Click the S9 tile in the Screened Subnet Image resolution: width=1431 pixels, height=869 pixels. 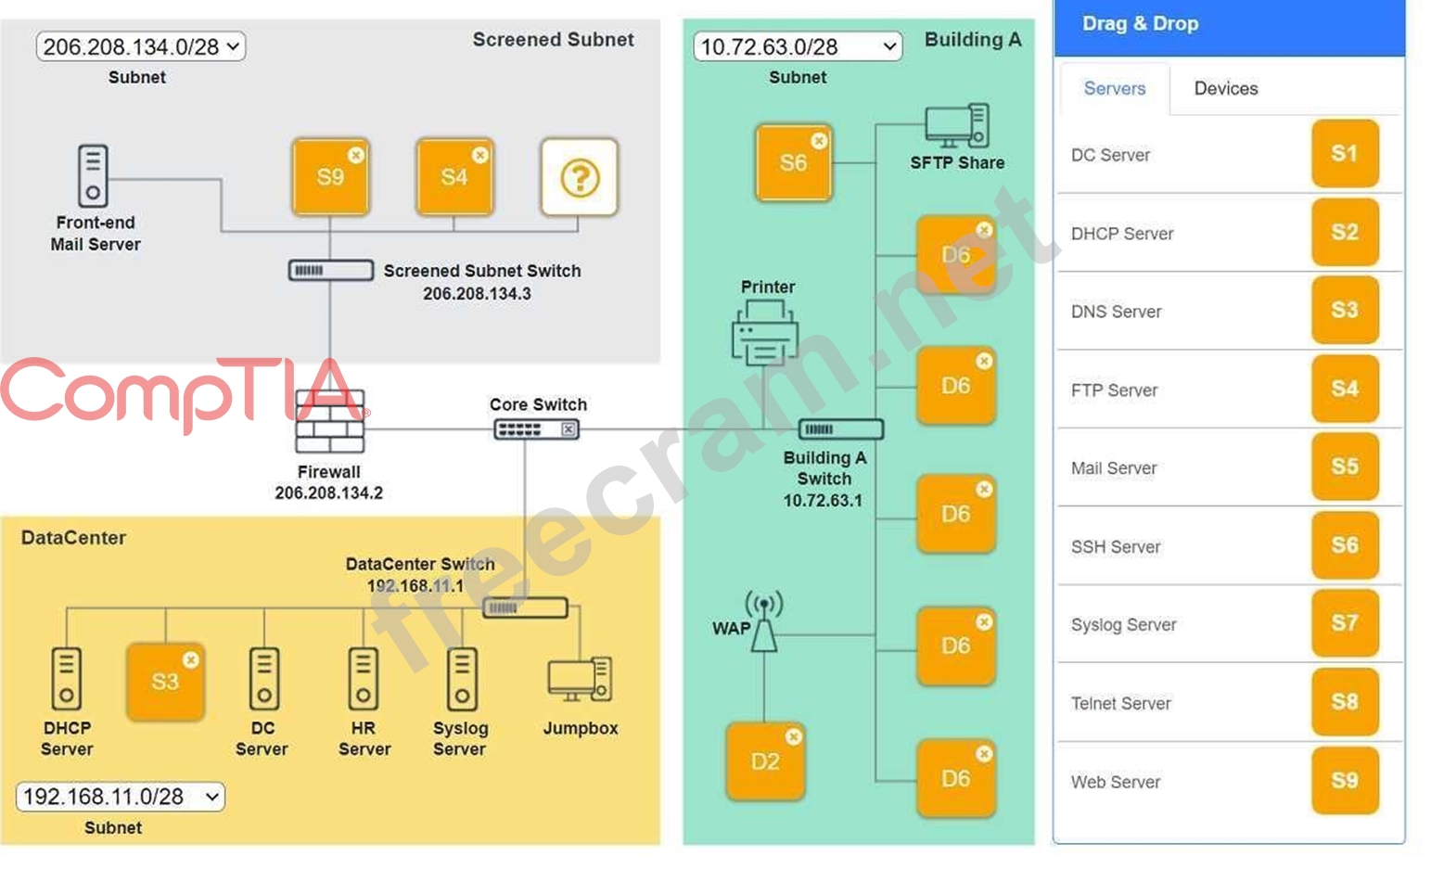330,176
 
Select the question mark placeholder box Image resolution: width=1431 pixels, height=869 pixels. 580,176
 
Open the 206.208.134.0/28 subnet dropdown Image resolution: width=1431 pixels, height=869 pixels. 141,46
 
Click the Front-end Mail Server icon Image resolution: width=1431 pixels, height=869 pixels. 93,175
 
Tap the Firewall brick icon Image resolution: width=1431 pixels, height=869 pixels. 329,422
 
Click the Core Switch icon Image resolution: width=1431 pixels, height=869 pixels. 537,429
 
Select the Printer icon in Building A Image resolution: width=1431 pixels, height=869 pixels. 765,335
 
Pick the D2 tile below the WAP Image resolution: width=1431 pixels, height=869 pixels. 765,761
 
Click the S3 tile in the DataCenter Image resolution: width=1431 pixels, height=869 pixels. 165,682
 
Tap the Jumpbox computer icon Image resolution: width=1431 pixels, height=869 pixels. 580,680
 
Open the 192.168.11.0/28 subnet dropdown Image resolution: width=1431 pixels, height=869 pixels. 121,797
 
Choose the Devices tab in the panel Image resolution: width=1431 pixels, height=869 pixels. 1225,89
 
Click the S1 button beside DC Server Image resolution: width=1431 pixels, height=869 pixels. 1344,154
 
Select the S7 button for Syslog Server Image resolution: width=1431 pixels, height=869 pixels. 1344,623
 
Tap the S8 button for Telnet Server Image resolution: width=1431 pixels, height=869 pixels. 1344,702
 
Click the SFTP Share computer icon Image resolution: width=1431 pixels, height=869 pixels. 957,126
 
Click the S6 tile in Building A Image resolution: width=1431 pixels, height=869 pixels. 793,163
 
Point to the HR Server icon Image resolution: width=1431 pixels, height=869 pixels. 364,679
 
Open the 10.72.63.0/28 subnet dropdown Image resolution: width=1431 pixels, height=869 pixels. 798,46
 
